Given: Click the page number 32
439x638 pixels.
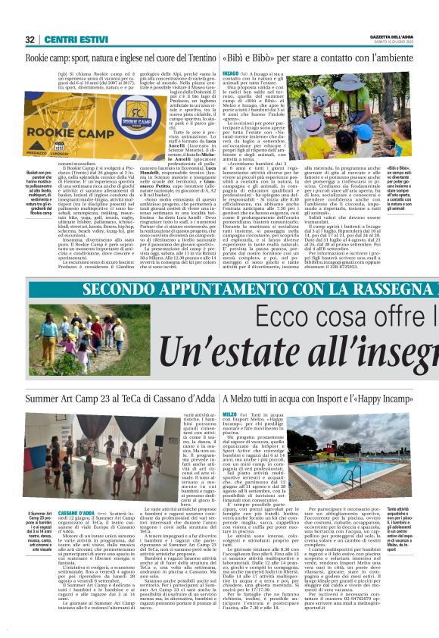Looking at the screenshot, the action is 30,39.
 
